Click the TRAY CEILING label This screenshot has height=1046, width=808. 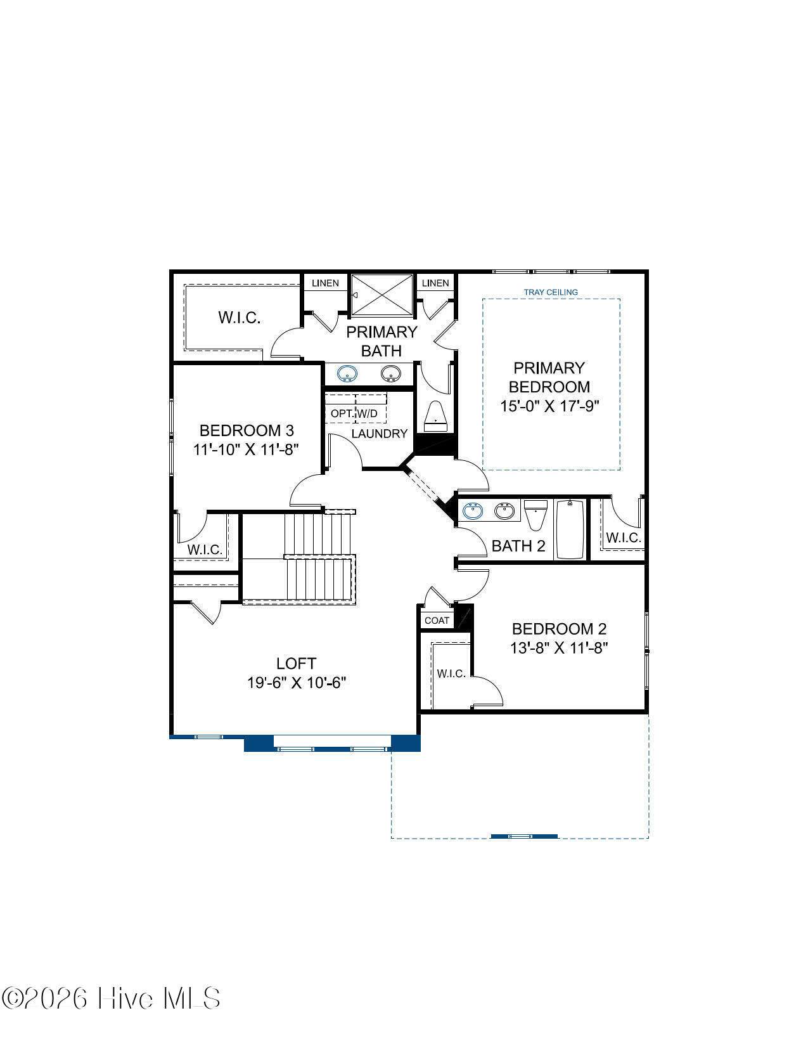[x=551, y=292]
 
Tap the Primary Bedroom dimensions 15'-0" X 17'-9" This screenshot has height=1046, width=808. [x=549, y=406]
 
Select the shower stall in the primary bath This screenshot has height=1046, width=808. [x=382, y=295]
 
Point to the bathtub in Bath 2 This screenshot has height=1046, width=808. [x=570, y=529]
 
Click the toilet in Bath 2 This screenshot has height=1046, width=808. [x=535, y=515]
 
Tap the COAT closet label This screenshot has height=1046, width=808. [x=437, y=621]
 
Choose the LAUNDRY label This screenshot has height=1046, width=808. [x=379, y=434]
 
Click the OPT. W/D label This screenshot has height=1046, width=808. [x=354, y=413]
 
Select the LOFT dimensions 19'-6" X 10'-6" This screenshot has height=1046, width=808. [x=297, y=683]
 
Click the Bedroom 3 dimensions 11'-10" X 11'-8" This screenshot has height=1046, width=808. [x=246, y=449]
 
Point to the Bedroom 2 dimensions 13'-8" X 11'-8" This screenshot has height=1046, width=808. [x=559, y=648]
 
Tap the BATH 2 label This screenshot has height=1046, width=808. [x=518, y=546]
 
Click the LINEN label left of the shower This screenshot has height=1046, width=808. [x=325, y=283]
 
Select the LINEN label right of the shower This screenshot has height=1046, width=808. [x=435, y=283]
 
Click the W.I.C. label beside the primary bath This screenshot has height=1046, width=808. [x=239, y=318]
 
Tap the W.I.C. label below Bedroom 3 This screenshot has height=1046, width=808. [x=205, y=549]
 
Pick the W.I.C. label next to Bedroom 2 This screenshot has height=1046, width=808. [x=451, y=673]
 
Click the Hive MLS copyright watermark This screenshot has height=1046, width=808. [x=111, y=999]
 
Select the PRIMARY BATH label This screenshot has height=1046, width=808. [x=382, y=341]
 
